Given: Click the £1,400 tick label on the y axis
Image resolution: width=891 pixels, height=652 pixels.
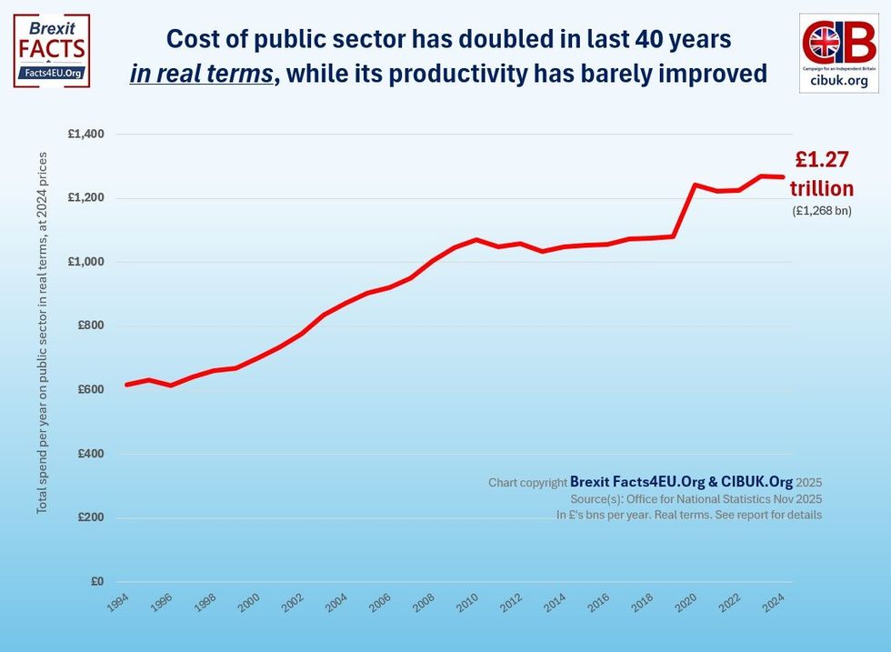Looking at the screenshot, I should coord(86,135).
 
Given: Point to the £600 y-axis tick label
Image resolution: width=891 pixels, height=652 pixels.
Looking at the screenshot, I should coord(90,390).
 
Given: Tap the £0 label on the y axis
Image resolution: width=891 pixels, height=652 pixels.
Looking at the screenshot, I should coord(97,582).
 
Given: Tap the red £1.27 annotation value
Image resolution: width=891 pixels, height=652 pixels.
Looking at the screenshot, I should coord(821,160).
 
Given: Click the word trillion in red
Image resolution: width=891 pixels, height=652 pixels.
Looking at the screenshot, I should coord(821,189).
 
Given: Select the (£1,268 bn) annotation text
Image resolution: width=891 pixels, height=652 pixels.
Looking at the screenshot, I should coord(821,211).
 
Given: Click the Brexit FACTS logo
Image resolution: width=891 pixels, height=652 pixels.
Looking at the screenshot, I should coord(52,50).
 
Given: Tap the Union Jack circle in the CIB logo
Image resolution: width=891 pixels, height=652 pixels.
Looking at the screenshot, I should coord(826,42).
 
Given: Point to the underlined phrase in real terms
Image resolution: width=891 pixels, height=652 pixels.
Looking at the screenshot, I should coord(201,74).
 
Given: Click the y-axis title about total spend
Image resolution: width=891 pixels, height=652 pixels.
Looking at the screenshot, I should coord(43,333).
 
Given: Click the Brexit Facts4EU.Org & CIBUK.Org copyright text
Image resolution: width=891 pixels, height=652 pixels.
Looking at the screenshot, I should coord(681,482).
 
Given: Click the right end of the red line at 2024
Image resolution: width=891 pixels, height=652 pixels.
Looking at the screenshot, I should coord(782,176).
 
